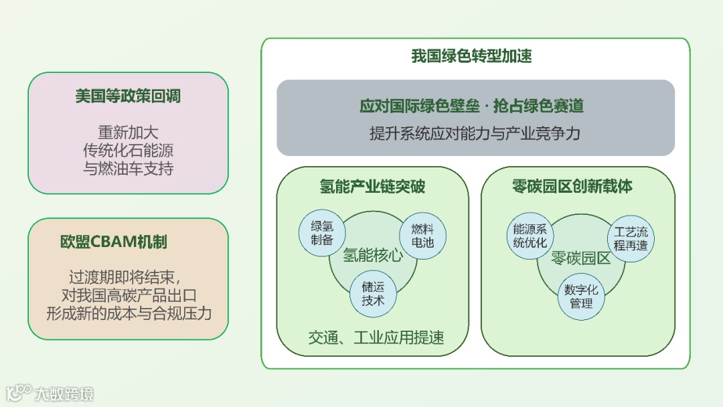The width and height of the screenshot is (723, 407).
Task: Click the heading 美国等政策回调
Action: (x=128, y=96)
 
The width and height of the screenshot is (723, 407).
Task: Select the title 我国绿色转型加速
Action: (x=471, y=56)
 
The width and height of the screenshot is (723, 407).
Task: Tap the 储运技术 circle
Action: (x=373, y=293)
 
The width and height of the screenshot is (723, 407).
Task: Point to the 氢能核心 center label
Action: (x=372, y=255)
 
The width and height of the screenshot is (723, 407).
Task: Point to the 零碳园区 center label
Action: (x=580, y=258)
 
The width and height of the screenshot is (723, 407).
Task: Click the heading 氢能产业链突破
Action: (x=372, y=187)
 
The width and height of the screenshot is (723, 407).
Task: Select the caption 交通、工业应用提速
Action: (x=376, y=337)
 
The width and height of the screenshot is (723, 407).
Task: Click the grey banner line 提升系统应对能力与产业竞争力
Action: (x=475, y=133)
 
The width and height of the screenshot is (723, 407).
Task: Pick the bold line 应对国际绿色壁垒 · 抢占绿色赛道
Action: (x=471, y=106)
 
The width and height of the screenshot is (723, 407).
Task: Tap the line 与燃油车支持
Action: (x=128, y=168)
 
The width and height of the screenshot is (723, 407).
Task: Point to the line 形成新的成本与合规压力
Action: (x=129, y=313)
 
